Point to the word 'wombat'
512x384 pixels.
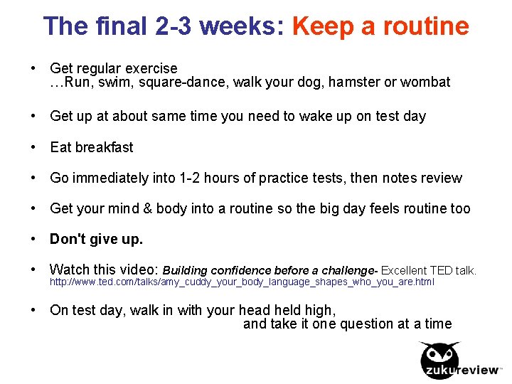coord(425,82)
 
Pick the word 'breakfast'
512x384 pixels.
coord(104,147)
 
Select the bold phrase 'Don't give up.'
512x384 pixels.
coord(96,240)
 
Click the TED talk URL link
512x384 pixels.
coord(242,282)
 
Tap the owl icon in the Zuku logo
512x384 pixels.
coord(439,355)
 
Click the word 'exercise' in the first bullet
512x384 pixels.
coord(151,69)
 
